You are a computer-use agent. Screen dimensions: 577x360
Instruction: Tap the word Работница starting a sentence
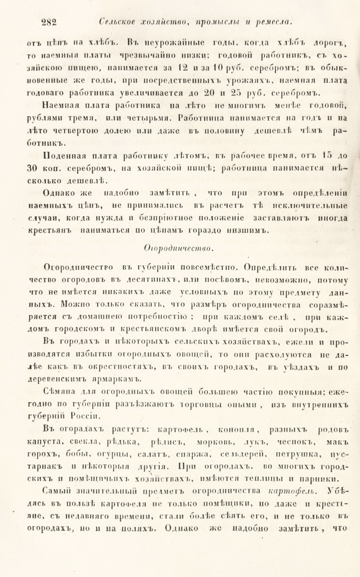pyautogui.click(x=201, y=118)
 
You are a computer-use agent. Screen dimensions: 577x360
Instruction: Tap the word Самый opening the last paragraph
pyautogui.click(x=56, y=491)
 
